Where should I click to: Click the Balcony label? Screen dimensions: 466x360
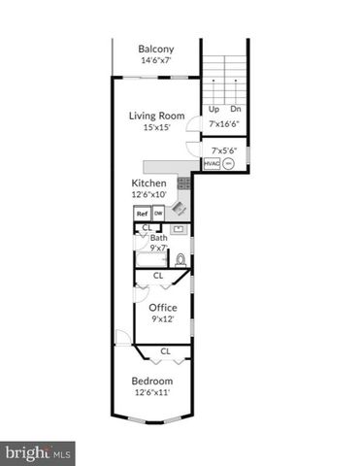[156, 49]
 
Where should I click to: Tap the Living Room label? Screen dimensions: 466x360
[156, 115]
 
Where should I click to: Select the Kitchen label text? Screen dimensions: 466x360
[148, 183]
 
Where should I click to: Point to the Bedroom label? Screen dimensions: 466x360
[152, 381]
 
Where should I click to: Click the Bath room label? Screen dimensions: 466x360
[159, 238]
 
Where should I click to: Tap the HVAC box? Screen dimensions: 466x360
[212, 164]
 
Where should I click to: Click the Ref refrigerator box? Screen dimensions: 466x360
[142, 214]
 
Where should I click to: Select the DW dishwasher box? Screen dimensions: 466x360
[158, 214]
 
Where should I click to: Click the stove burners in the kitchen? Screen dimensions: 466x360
[181, 184]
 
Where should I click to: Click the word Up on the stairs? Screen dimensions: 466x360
[214, 109]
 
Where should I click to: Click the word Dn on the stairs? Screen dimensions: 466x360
[235, 109]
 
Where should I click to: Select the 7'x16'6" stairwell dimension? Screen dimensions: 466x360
[225, 123]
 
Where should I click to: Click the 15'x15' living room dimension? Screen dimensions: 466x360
[156, 127]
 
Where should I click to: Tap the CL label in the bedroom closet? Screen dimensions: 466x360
[165, 350]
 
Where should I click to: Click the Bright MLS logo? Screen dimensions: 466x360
[39, 452]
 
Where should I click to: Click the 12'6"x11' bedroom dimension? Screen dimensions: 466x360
[152, 392]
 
